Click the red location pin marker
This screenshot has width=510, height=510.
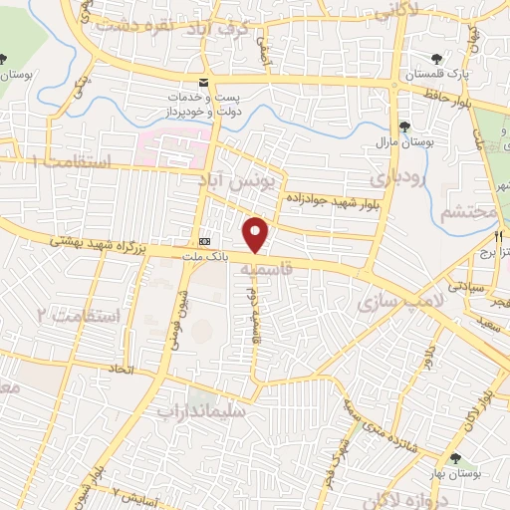point(257,235)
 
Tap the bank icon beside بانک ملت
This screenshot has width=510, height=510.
point(205,241)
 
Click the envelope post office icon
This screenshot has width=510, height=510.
point(203,81)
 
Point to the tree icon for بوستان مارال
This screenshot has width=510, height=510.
point(404,127)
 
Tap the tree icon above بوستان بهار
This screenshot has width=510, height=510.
point(455,458)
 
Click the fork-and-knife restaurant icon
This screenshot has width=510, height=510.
point(497,238)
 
